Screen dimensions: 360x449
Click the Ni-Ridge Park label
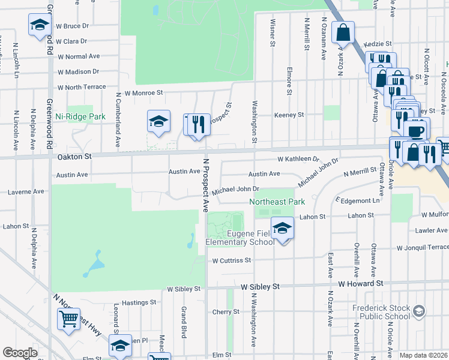(80, 116)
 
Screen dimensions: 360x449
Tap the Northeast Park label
(277, 202)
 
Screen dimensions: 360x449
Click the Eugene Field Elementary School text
(240, 238)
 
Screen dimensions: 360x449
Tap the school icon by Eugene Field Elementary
(282, 229)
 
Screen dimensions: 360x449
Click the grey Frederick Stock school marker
(419, 311)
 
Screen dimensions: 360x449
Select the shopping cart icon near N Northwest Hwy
(69, 319)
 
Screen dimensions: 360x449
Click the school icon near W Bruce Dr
(40, 25)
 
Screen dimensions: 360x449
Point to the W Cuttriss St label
(231, 260)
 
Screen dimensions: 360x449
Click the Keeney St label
(289, 115)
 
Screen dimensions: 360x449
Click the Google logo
(20, 353)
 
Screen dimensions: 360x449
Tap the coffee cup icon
(415, 130)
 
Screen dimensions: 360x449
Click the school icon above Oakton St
(159, 122)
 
